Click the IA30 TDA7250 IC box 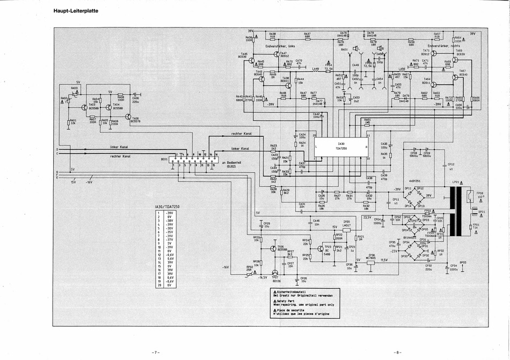341,145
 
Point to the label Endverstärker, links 280,47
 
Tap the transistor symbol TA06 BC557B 128,116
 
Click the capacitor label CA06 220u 135,100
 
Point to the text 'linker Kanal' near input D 119,146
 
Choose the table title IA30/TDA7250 167,206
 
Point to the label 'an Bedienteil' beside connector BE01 231,162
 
